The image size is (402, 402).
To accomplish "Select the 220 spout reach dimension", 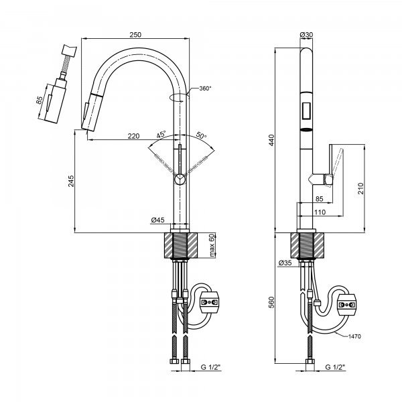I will (133, 136).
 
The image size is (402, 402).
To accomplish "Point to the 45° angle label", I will (161, 135).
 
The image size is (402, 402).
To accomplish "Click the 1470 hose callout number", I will (354, 336).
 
